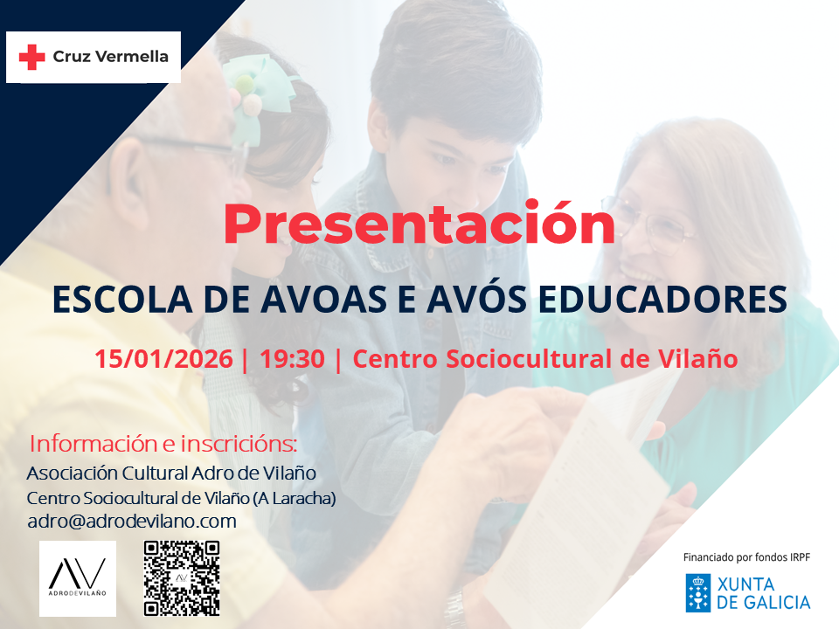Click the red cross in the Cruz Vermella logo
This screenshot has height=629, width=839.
coord(31,57)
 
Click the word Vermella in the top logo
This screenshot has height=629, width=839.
coord(132,56)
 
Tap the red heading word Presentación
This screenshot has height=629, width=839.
coord(419,223)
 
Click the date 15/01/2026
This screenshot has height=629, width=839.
coord(163,359)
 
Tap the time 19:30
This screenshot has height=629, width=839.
coord(292,359)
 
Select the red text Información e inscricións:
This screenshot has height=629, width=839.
coord(163,444)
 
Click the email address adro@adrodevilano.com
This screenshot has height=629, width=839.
coord(132,521)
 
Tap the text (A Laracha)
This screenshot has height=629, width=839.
coord(295,499)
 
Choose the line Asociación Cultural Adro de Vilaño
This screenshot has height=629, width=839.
coord(171,473)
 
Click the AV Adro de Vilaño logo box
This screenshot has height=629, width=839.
coord(78,578)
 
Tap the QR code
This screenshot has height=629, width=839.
coord(182,578)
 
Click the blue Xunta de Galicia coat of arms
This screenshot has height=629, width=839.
coord(698,592)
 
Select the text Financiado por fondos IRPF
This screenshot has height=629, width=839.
coord(746,557)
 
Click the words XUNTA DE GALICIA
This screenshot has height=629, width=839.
coord(764,593)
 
